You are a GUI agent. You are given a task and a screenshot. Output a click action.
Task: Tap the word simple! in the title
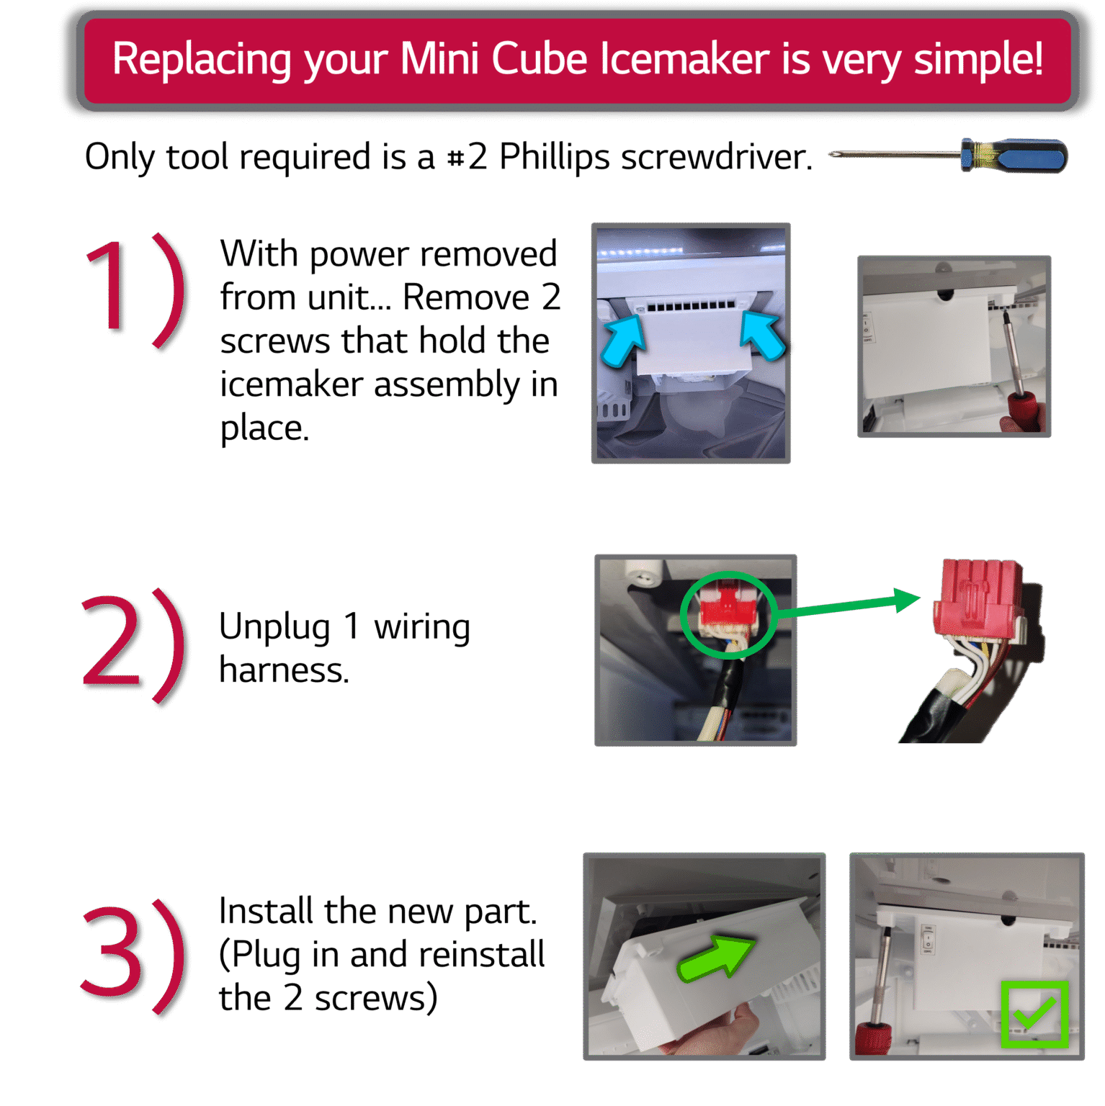(978, 59)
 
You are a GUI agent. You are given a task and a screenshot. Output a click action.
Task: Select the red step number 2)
(134, 644)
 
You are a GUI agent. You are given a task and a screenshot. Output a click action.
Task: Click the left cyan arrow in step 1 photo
(624, 341)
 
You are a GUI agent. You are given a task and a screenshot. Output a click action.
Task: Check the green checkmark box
(1034, 1013)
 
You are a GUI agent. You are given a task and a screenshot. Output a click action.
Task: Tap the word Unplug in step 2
(274, 626)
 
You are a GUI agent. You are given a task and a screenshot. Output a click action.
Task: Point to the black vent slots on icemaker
(691, 306)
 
